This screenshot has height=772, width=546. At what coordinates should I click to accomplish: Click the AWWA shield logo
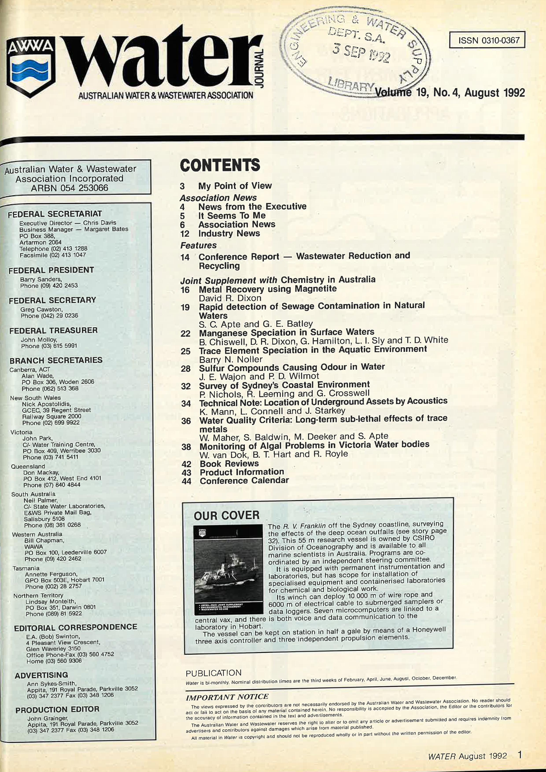pyautogui.click(x=31, y=66)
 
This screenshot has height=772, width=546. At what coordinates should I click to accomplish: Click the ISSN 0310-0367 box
pyautogui.click(x=487, y=40)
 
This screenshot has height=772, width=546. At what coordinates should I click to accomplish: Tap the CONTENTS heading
pyautogui.click(x=220, y=165)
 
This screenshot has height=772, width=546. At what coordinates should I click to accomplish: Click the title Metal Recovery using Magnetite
pyautogui.click(x=268, y=289)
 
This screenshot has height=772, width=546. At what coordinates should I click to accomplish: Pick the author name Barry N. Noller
pyautogui.click(x=231, y=359)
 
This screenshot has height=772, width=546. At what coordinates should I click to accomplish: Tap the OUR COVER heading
pyautogui.click(x=227, y=516)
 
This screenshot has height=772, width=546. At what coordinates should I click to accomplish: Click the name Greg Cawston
pyautogui.click(x=41, y=309)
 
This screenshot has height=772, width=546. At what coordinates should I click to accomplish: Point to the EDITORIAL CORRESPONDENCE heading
pyautogui.click(x=76, y=627)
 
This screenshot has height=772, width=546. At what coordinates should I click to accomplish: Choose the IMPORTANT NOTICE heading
pyautogui.click(x=227, y=697)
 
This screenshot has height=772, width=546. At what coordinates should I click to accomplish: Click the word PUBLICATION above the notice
pyautogui.click(x=214, y=673)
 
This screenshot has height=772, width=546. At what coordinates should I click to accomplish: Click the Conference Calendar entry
pyautogui.click(x=244, y=480)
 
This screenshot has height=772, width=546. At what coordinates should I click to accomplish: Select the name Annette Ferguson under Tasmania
pyautogui.click(x=51, y=574)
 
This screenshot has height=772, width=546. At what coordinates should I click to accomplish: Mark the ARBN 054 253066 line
pyautogui.click(x=70, y=188)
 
